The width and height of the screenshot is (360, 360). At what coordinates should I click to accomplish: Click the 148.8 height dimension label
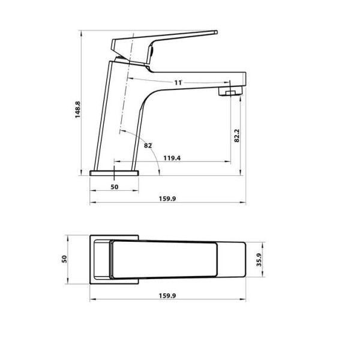tap(78, 110)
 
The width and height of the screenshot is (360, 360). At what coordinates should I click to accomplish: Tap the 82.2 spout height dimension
tap(237, 136)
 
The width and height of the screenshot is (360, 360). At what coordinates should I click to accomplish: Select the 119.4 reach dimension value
tap(172, 158)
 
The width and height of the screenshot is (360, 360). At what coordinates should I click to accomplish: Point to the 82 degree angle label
tap(148, 145)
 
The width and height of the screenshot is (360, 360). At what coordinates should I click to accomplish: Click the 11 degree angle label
tap(178, 83)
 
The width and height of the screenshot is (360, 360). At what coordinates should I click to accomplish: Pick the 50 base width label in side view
tap(115, 187)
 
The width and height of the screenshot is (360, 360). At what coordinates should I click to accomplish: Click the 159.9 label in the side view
tap(167, 199)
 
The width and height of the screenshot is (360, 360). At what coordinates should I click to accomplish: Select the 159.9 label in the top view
tap(167, 296)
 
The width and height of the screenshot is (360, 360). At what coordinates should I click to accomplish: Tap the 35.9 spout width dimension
tap(259, 260)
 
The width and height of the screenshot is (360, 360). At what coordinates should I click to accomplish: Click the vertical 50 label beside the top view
tap(64, 259)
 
